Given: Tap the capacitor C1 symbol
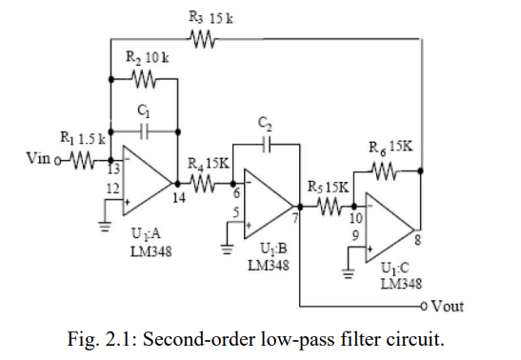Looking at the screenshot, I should pyautogui.click(x=145, y=129).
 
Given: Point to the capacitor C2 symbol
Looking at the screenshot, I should pyautogui.click(x=267, y=145).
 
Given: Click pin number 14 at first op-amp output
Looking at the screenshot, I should pyautogui.click(x=178, y=198).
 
